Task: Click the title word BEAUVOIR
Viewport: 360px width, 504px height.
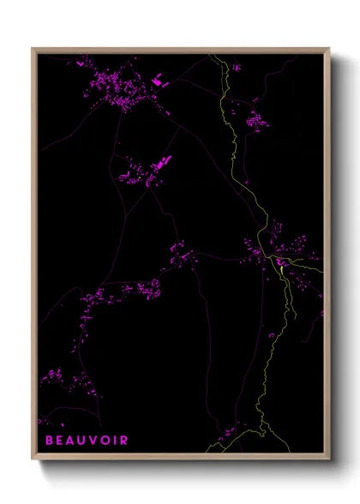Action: [87, 441]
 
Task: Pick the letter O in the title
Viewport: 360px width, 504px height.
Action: [106, 441]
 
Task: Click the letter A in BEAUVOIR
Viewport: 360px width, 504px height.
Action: [71, 441]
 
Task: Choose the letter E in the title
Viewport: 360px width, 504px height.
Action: [60, 441]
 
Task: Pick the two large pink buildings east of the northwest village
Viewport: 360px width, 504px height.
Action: [159, 81]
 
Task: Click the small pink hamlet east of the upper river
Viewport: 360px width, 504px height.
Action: [257, 120]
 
